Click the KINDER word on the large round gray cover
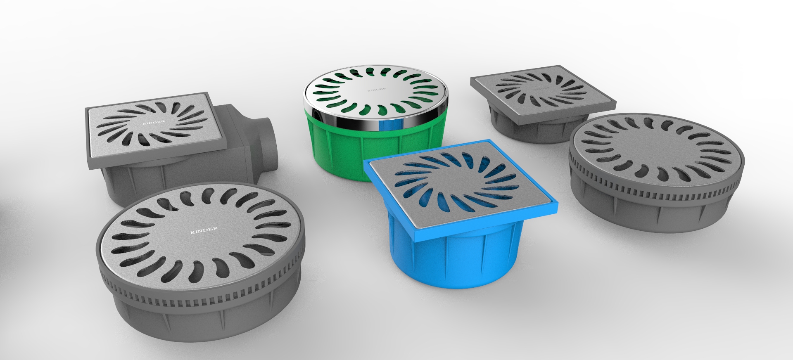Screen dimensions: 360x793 pyautogui.click(x=204, y=230)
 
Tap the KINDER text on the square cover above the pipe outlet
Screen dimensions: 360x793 pyautogui.click(x=154, y=122)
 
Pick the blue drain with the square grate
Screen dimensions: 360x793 pyautogui.click(x=454, y=215)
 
